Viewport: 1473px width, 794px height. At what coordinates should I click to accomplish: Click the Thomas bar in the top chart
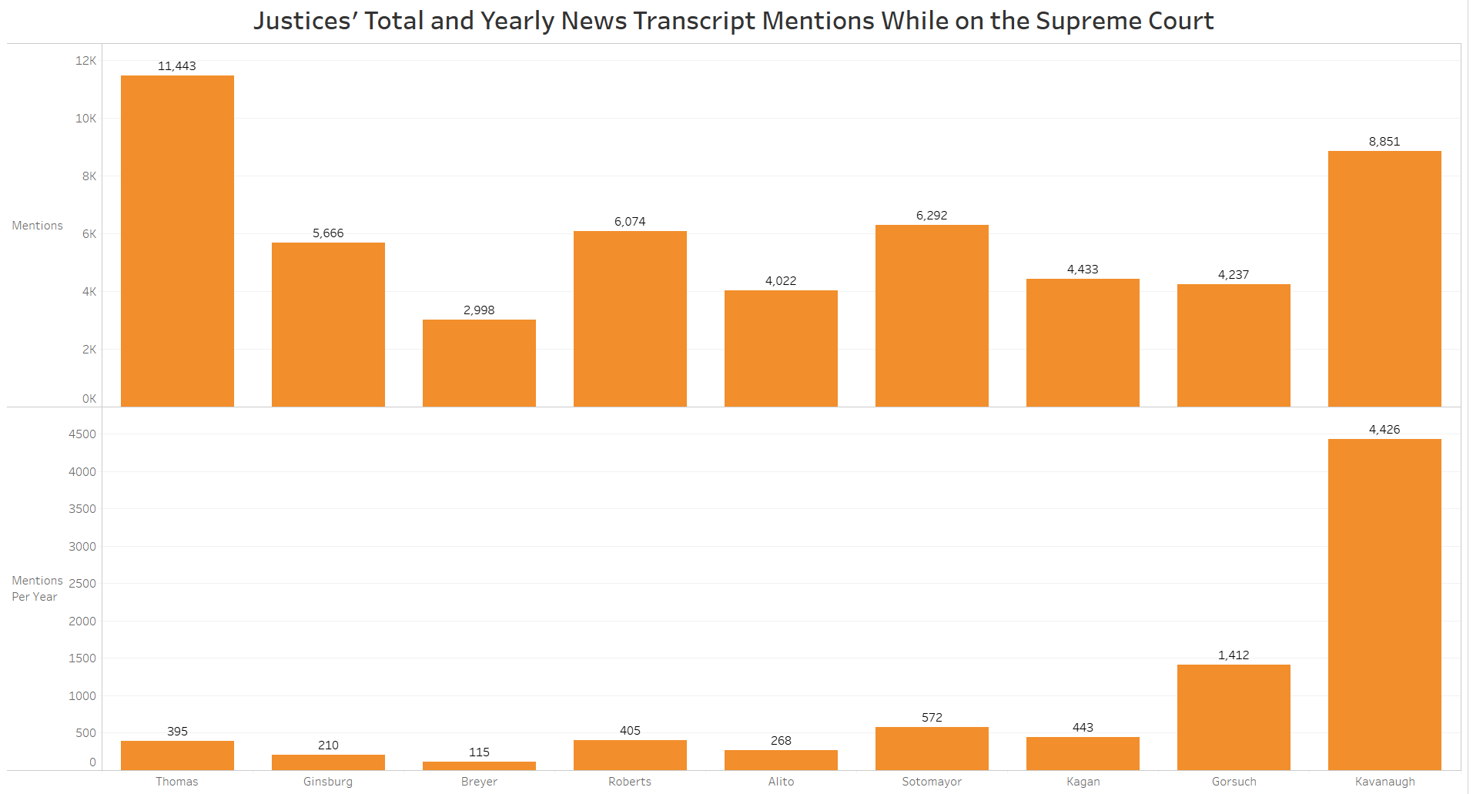click(x=177, y=240)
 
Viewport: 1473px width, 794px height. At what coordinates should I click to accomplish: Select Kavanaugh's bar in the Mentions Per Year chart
click(x=1384, y=604)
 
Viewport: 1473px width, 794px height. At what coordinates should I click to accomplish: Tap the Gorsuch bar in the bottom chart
click(x=1234, y=717)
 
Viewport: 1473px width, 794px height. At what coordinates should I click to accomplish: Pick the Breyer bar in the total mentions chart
click(x=479, y=363)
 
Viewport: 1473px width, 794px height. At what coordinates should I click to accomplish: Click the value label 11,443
click(x=177, y=66)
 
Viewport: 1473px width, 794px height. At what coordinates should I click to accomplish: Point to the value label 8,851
click(x=1384, y=142)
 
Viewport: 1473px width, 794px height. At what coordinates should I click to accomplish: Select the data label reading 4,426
click(x=1384, y=430)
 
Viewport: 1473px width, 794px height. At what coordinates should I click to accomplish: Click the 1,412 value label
click(x=1234, y=655)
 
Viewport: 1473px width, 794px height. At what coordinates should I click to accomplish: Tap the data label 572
click(x=932, y=718)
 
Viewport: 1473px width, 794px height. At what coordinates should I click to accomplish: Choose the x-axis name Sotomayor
click(x=932, y=782)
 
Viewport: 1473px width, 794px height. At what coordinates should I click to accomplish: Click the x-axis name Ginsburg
click(x=328, y=782)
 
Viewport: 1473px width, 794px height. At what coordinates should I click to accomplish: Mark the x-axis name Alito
click(x=781, y=782)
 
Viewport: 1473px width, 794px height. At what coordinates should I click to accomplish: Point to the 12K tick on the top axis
click(x=85, y=61)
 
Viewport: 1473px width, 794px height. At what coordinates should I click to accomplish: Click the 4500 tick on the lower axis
click(x=82, y=434)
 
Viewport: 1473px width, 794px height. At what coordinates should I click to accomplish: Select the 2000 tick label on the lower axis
click(x=82, y=621)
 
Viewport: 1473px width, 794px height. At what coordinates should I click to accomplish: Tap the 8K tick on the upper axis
click(x=89, y=176)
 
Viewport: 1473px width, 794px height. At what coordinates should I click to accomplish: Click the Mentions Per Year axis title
click(x=37, y=588)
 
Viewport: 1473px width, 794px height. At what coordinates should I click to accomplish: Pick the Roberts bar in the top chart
click(x=630, y=319)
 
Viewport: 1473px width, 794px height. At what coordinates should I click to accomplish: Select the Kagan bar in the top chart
click(x=1083, y=343)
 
